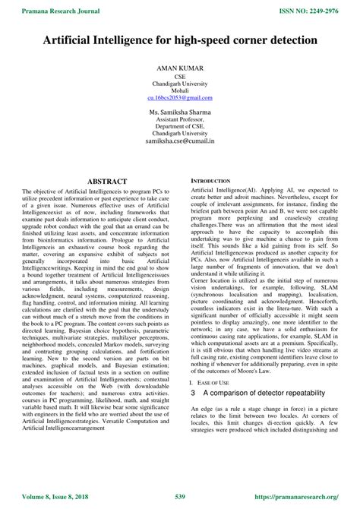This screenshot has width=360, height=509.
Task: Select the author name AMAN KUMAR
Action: tap(180, 68)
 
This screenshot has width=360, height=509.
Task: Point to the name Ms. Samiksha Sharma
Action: tap(180, 112)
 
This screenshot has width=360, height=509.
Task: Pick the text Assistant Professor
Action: tap(180, 120)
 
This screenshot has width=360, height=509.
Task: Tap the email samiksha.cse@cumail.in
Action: tap(180, 141)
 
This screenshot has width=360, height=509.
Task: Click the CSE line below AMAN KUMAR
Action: tap(180, 77)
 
